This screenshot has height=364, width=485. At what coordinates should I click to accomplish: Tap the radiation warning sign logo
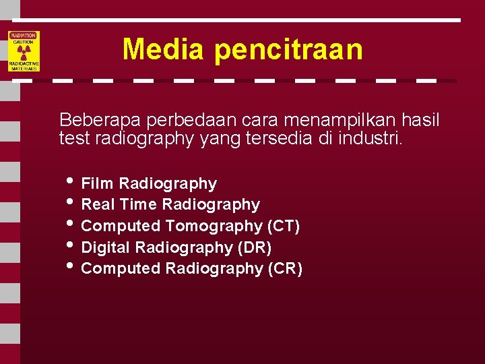click(24, 51)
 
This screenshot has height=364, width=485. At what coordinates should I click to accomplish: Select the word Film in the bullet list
click(97, 183)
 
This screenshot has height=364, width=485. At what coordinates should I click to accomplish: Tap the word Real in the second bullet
click(98, 204)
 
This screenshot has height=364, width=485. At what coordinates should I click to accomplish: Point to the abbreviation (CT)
click(283, 226)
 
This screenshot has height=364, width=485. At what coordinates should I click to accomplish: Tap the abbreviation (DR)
click(255, 247)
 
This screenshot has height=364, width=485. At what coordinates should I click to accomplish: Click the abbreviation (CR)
click(285, 268)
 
